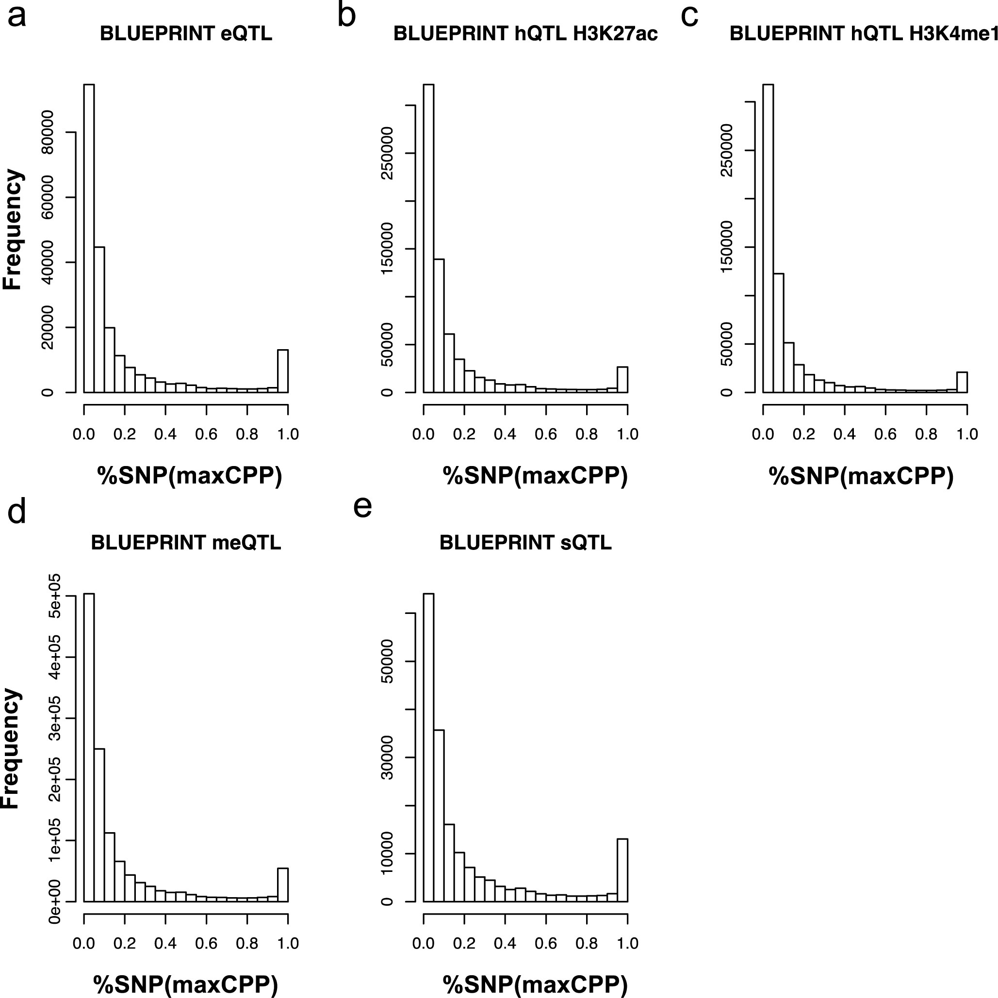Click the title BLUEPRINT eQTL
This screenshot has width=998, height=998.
click(185, 34)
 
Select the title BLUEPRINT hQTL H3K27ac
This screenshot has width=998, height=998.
click(525, 34)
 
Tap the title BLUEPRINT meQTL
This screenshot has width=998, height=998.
click(185, 543)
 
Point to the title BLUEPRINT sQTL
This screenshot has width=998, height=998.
click(525, 543)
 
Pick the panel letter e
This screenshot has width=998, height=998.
click(362, 507)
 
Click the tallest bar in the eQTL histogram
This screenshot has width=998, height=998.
click(89, 238)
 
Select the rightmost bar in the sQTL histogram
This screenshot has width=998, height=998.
click(622, 870)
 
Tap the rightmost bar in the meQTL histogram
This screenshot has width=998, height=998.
click(283, 885)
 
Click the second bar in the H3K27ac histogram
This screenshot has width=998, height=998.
click(439, 325)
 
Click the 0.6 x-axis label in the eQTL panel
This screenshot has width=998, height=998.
click(206, 435)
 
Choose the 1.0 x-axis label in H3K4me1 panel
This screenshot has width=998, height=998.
click(966, 435)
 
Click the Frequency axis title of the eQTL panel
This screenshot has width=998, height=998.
click(13, 230)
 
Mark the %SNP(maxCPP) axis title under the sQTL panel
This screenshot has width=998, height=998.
click(535, 984)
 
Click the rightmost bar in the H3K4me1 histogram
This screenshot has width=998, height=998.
click(962, 382)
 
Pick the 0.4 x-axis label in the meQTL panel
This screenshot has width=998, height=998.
click(165, 944)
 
